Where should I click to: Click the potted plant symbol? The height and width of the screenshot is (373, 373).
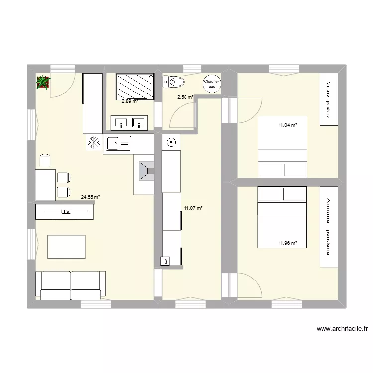pyautogui.click(x=43, y=82)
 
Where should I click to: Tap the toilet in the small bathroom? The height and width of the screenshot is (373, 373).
pyautogui.click(x=173, y=81)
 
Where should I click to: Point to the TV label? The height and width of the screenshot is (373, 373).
pyautogui.click(x=65, y=212)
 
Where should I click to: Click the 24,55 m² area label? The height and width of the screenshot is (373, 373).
pyautogui.click(x=91, y=197)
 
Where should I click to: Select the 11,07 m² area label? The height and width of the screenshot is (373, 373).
pyautogui.click(x=193, y=208)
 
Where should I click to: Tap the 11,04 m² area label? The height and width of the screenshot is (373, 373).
pyautogui.click(x=287, y=126)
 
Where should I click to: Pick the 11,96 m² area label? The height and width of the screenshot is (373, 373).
pyautogui.click(x=287, y=243)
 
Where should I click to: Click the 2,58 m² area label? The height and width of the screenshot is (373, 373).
pyautogui.click(x=185, y=97)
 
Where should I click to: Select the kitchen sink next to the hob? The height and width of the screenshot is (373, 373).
pyautogui.click(x=118, y=144)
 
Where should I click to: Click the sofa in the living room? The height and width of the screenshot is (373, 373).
pyautogui.click(x=71, y=285)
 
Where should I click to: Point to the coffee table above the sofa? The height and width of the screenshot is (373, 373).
pyautogui.click(x=66, y=247)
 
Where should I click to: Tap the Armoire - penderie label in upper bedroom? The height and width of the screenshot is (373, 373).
pyautogui.click(x=329, y=100)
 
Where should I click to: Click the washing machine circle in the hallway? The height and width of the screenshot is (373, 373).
pyautogui.click(x=171, y=142)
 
